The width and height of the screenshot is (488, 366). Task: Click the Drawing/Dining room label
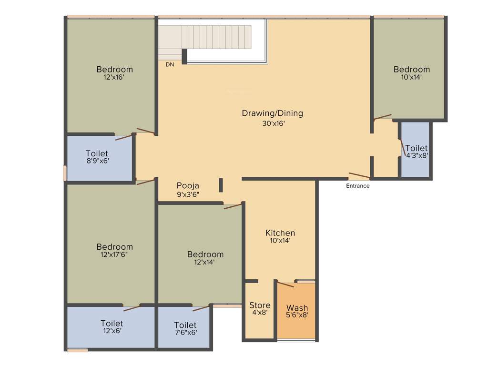click(x=272, y=113)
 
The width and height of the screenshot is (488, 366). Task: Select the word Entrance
click(x=357, y=186)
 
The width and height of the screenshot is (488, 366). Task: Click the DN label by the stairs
click(x=170, y=64)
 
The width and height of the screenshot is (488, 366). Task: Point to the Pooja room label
click(x=188, y=185)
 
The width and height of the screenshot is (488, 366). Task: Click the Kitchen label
click(x=280, y=233)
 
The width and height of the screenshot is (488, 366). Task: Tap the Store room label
click(x=260, y=305)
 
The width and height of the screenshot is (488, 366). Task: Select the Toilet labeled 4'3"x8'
click(x=417, y=149)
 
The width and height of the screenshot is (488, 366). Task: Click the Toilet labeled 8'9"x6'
click(x=97, y=153)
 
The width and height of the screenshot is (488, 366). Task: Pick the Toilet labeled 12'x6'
click(x=112, y=323)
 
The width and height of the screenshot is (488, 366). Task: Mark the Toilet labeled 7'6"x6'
click(x=185, y=325)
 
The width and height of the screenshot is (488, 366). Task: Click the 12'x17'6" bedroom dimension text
click(x=114, y=254)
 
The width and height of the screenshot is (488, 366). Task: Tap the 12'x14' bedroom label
click(x=205, y=254)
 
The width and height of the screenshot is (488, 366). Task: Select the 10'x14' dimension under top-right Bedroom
click(x=411, y=77)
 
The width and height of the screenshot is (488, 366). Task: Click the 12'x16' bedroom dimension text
click(x=114, y=77)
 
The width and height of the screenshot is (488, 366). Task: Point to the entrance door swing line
click(x=359, y=175)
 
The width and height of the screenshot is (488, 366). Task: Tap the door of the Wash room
click(x=285, y=285)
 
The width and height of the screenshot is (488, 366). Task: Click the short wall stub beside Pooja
click(x=221, y=185)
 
